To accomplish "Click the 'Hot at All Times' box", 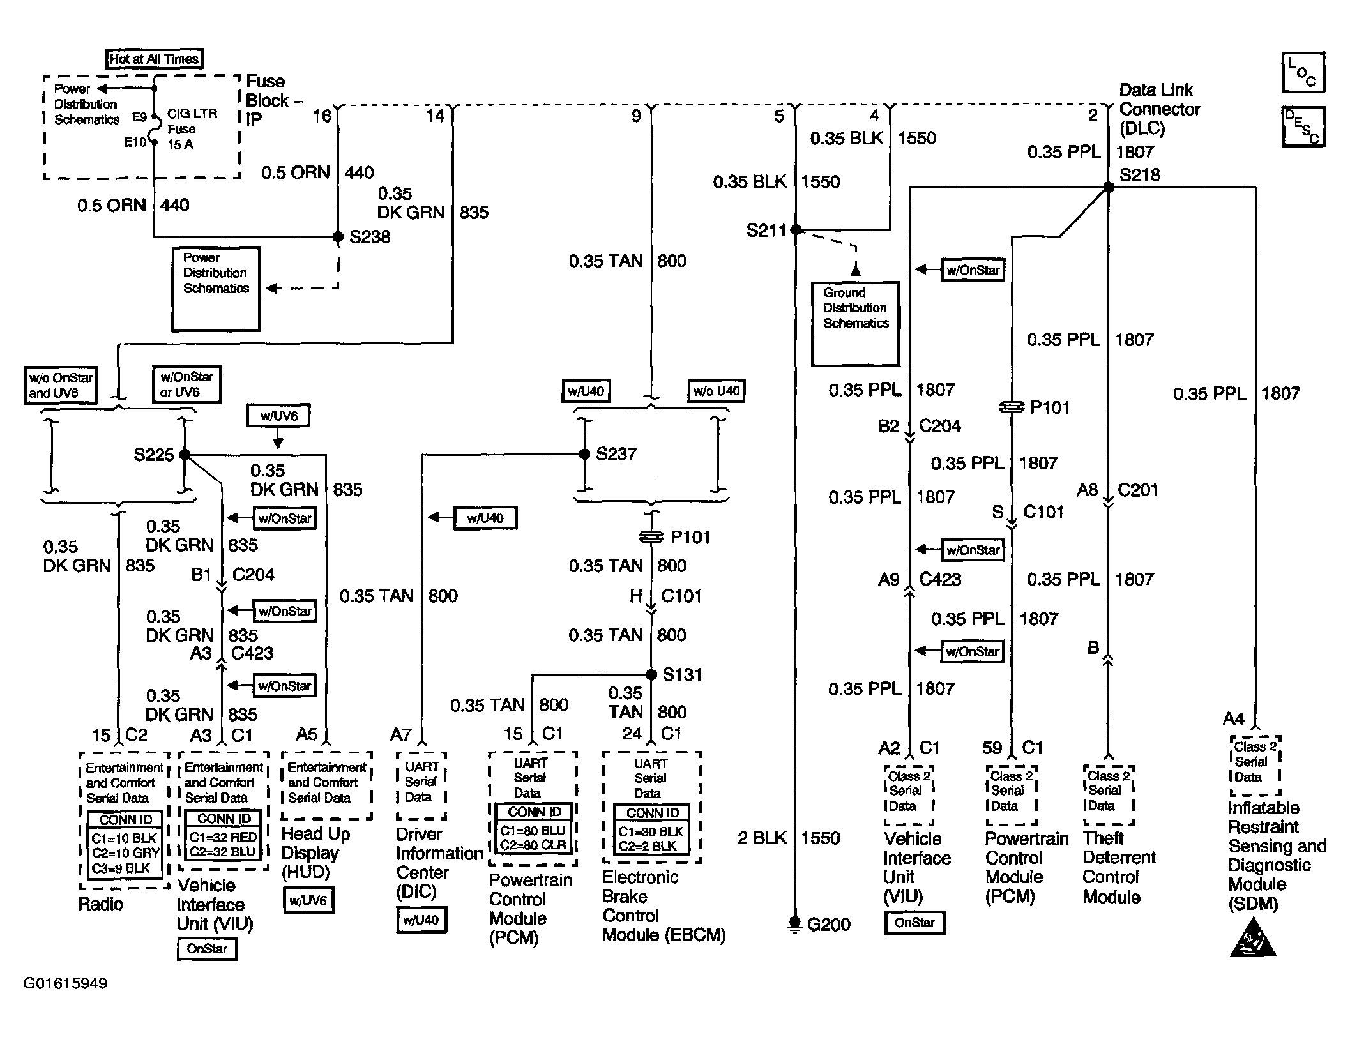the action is pyautogui.click(x=154, y=59).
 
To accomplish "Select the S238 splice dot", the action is pyautogui.click(x=338, y=237).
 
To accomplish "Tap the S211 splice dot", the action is pyautogui.click(x=796, y=229).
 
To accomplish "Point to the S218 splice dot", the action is pyautogui.click(x=1109, y=187).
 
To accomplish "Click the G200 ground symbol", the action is pyautogui.click(x=795, y=924).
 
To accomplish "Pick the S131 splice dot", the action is pyautogui.click(x=651, y=674).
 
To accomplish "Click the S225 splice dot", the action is pyautogui.click(x=185, y=455).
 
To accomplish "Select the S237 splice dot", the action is pyautogui.click(x=584, y=454).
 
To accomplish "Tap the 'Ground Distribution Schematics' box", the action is pyautogui.click(x=855, y=324).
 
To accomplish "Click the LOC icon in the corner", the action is pyautogui.click(x=1303, y=72).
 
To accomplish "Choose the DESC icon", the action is pyautogui.click(x=1303, y=127).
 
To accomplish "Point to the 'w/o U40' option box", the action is pyautogui.click(x=716, y=391).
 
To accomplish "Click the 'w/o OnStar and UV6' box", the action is pyautogui.click(x=61, y=385).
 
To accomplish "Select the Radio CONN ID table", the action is pyautogui.click(x=125, y=845).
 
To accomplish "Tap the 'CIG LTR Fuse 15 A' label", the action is pyautogui.click(x=192, y=129).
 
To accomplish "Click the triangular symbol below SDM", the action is pyautogui.click(x=1252, y=937).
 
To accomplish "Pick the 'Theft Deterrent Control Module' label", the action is pyautogui.click(x=1119, y=867).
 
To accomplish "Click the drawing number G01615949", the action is pyautogui.click(x=65, y=983).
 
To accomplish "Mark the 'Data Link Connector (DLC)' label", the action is pyautogui.click(x=1160, y=109).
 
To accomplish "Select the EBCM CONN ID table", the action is pyautogui.click(x=651, y=830).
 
